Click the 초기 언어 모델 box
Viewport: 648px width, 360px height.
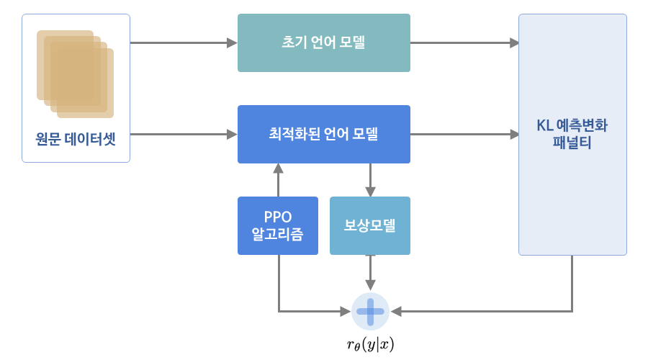click(323, 42)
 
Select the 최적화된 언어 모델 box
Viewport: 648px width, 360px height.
click(323, 135)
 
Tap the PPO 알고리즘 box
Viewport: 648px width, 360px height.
click(278, 225)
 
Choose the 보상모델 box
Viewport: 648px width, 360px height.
click(370, 225)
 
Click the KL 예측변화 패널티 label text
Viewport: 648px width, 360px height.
click(572, 134)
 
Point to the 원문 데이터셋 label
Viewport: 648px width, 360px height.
click(76, 139)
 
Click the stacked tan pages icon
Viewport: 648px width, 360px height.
click(75, 74)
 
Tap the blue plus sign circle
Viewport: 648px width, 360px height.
click(370, 311)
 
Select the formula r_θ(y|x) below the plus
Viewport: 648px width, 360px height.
click(370, 344)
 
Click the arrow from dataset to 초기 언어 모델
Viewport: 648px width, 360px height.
click(184, 42)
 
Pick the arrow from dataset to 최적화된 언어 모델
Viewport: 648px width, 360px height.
click(184, 135)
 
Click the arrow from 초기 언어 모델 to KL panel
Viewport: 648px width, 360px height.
click(464, 42)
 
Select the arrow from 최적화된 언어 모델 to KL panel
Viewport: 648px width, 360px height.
click(464, 135)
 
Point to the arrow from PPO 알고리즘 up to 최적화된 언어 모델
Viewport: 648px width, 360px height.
click(278, 180)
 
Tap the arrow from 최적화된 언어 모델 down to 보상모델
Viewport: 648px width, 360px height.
click(370, 180)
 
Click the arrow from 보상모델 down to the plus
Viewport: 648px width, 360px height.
click(370, 273)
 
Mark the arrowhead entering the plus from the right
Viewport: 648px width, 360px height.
click(396, 311)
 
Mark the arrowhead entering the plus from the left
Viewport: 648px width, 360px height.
click(346, 311)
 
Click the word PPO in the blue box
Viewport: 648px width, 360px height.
click(278, 217)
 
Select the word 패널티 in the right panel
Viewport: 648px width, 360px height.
click(572, 143)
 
